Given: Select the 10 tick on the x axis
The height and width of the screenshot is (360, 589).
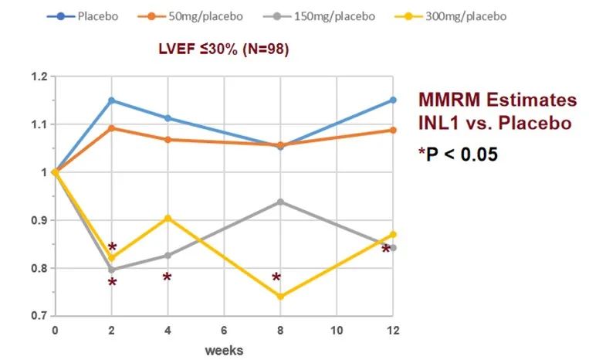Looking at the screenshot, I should [x=337, y=331].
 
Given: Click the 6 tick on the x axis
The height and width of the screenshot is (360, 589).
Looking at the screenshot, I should [x=224, y=331].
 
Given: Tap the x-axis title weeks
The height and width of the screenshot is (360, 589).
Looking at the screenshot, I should [x=224, y=350].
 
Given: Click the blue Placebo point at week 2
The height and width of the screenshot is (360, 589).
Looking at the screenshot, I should [x=111, y=100].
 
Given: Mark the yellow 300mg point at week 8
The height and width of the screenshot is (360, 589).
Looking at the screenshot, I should [x=280, y=297].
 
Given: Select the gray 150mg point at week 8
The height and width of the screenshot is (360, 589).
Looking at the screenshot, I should [x=280, y=202].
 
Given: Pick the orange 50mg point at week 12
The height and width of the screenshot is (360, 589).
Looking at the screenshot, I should [x=393, y=130].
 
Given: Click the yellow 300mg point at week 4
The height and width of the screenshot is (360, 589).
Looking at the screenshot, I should [x=168, y=218].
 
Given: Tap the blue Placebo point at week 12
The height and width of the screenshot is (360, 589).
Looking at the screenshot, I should [x=393, y=100].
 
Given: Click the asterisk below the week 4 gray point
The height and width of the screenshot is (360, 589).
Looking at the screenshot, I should [x=167, y=277].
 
